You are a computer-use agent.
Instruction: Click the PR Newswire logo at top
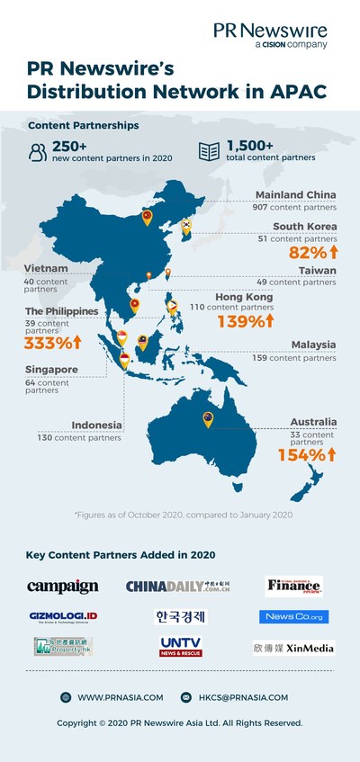click(270, 35)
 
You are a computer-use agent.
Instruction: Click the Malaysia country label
click(313, 345)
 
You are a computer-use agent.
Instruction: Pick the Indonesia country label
click(97, 426)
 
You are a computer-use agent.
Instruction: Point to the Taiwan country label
click(315, 269)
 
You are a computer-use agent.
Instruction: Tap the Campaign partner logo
click(63, 587)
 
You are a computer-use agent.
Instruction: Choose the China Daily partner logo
click(177, 587)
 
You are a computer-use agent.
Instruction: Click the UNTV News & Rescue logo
click(181, 647)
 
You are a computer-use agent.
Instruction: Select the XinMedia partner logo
click(292, 647)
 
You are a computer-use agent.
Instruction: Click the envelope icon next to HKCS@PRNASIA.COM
click(186, 697)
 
